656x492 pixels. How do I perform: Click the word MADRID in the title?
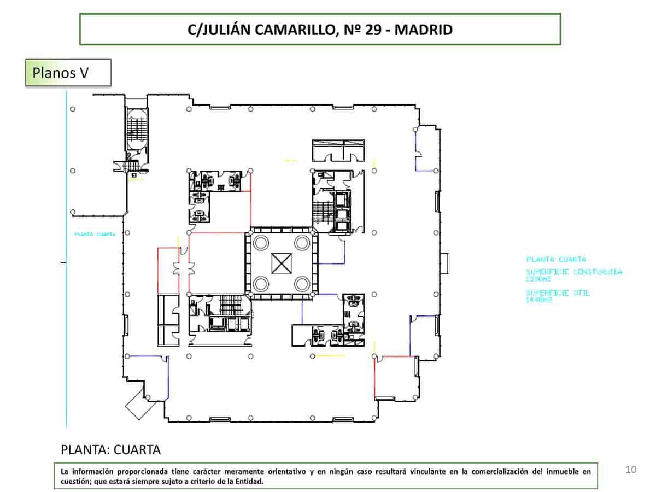click(423, 30)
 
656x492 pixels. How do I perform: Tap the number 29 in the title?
click(371, 30)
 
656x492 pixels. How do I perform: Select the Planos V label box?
click(68, 73)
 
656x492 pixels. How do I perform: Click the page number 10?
click(631, 469)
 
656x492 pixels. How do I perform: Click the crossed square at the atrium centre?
click(282, 263)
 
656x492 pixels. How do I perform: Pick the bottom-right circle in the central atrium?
click(301, 284)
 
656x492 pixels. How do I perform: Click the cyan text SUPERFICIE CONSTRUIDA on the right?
click(573, 272)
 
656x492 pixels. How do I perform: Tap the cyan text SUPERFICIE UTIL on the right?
click(558, 293)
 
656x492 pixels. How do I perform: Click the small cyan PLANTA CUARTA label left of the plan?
click(95, 234)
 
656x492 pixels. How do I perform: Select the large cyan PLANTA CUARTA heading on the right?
click(556, 259)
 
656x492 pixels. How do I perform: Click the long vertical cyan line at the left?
click(66, 328)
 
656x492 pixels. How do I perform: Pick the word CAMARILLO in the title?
click(294, 30)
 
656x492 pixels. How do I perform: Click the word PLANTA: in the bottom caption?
click(84, 450)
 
